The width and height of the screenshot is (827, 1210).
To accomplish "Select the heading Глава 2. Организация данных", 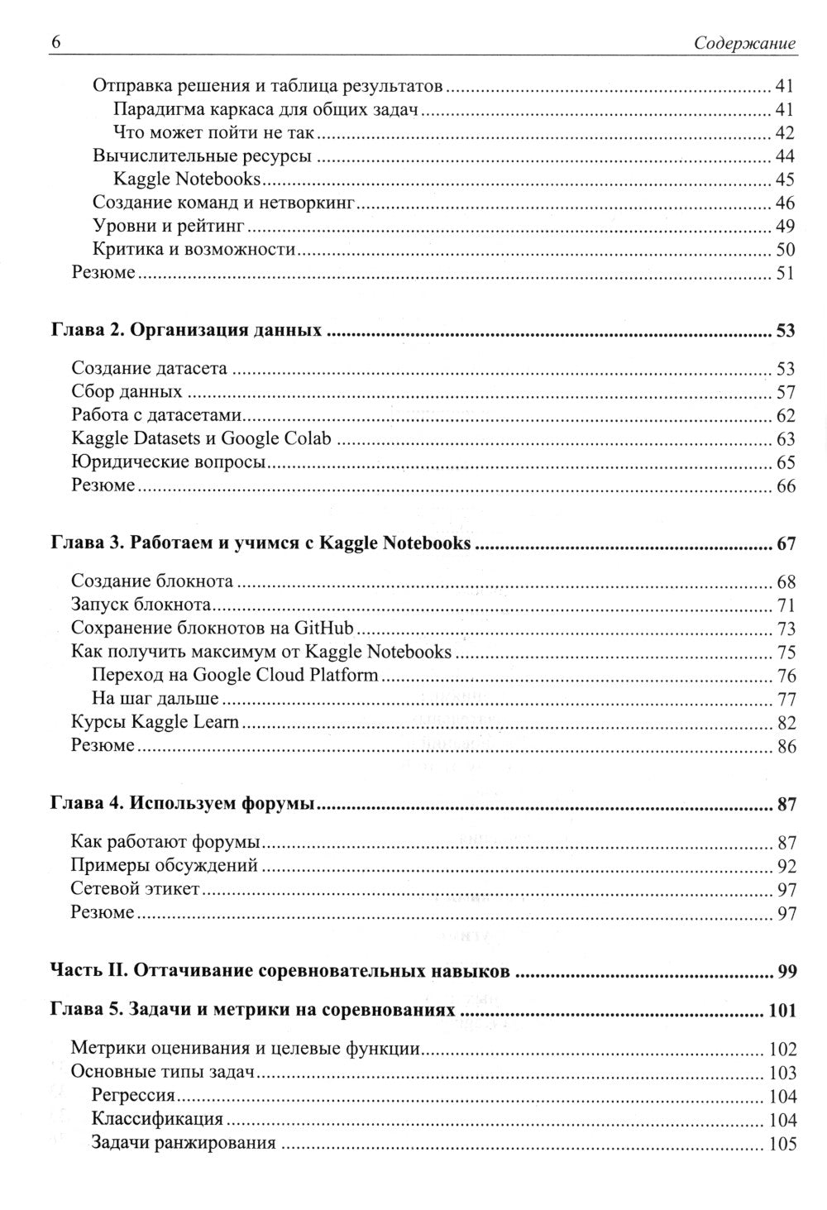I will [186, 331].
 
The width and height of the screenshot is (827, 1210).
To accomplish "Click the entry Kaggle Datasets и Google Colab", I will [201, 439].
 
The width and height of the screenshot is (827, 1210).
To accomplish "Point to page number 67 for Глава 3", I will [785, 544].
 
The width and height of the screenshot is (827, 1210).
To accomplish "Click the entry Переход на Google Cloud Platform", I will [236, 675].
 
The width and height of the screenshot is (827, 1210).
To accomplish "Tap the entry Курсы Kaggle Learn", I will [155, 722].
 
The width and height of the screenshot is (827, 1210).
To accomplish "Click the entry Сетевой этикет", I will [135, 890].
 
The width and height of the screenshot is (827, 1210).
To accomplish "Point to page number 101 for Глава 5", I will [782, 1011].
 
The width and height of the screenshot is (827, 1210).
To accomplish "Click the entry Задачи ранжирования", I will [184, 1145].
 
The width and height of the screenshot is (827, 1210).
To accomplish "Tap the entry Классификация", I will [158, 1121].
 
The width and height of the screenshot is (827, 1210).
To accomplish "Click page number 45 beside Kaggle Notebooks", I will [785, 180].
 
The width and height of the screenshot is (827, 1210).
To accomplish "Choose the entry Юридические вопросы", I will [169, 463].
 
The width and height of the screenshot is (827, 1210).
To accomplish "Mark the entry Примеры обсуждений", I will [165, 866].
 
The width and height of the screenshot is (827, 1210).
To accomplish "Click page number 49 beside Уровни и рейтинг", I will [785, 227].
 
